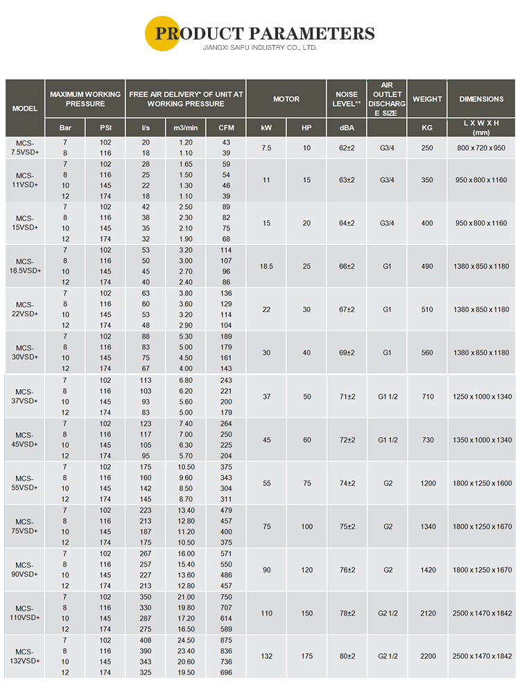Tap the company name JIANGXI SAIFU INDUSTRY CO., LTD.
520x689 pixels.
coord(259,48)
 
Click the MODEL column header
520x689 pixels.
coord(25,109)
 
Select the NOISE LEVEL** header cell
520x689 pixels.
coord(347,99)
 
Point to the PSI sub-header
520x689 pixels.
coord(105,128)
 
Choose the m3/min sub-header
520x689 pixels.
coord(185,128)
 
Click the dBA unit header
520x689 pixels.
coord(347,128)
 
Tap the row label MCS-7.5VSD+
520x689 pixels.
coord(25,147)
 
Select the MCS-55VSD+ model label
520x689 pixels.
coord(25,483)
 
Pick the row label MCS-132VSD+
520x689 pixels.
coord(25,656)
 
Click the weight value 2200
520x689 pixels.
coord(427,656)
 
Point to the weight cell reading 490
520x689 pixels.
coord(427,267)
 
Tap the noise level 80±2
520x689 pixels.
coord(347,656)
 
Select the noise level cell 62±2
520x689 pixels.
coord(347,147)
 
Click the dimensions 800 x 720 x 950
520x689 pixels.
coord(481,147)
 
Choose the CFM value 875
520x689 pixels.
coord(226,641)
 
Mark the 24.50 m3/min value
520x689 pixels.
coord(185,641)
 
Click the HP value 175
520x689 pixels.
coord(306,656)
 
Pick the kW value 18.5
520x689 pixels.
coord(266,267)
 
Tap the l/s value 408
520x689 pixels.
coord(146,641)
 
